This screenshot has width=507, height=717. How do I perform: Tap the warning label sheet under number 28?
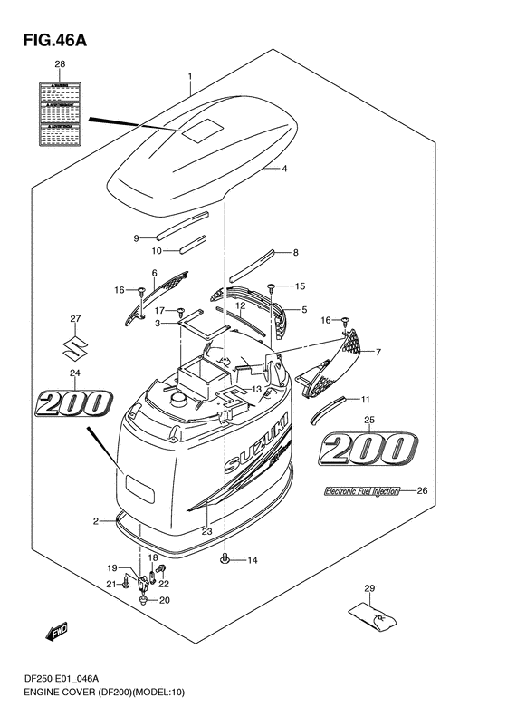61,112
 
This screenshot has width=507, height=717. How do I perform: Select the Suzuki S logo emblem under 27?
75,346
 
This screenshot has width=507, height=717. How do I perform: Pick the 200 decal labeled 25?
371,448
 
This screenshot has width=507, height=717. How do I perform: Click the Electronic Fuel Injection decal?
362,492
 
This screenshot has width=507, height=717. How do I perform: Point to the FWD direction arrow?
52,635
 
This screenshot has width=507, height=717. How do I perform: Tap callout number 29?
368,589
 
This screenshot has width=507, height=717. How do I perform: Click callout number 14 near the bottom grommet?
253,560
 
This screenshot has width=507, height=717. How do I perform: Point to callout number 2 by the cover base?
95,520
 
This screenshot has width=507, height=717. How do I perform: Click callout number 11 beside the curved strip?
366,400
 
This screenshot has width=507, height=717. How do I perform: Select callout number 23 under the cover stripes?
207,532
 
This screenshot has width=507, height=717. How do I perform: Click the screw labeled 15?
272,288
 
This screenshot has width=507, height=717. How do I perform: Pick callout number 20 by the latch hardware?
164,600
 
